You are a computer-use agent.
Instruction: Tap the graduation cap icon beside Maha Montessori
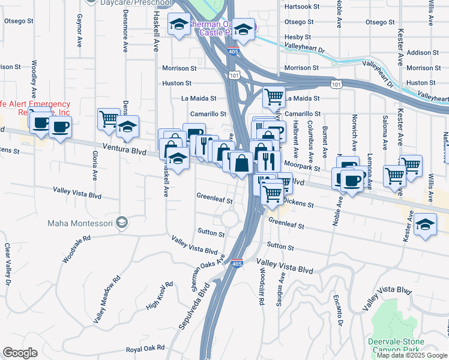(x=122, y=223)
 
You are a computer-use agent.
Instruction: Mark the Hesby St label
(x=297, y=37)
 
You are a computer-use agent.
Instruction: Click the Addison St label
(x=423, y=53)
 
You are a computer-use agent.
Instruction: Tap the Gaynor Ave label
(x=79, y=32)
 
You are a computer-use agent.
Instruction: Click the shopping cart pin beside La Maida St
(x=274, y=96)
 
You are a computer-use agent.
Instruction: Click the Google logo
(x=20, y=353)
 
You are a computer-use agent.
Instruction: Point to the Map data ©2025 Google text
(x=412, y=355)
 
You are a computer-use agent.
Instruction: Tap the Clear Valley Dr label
(x=7, y=263)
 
